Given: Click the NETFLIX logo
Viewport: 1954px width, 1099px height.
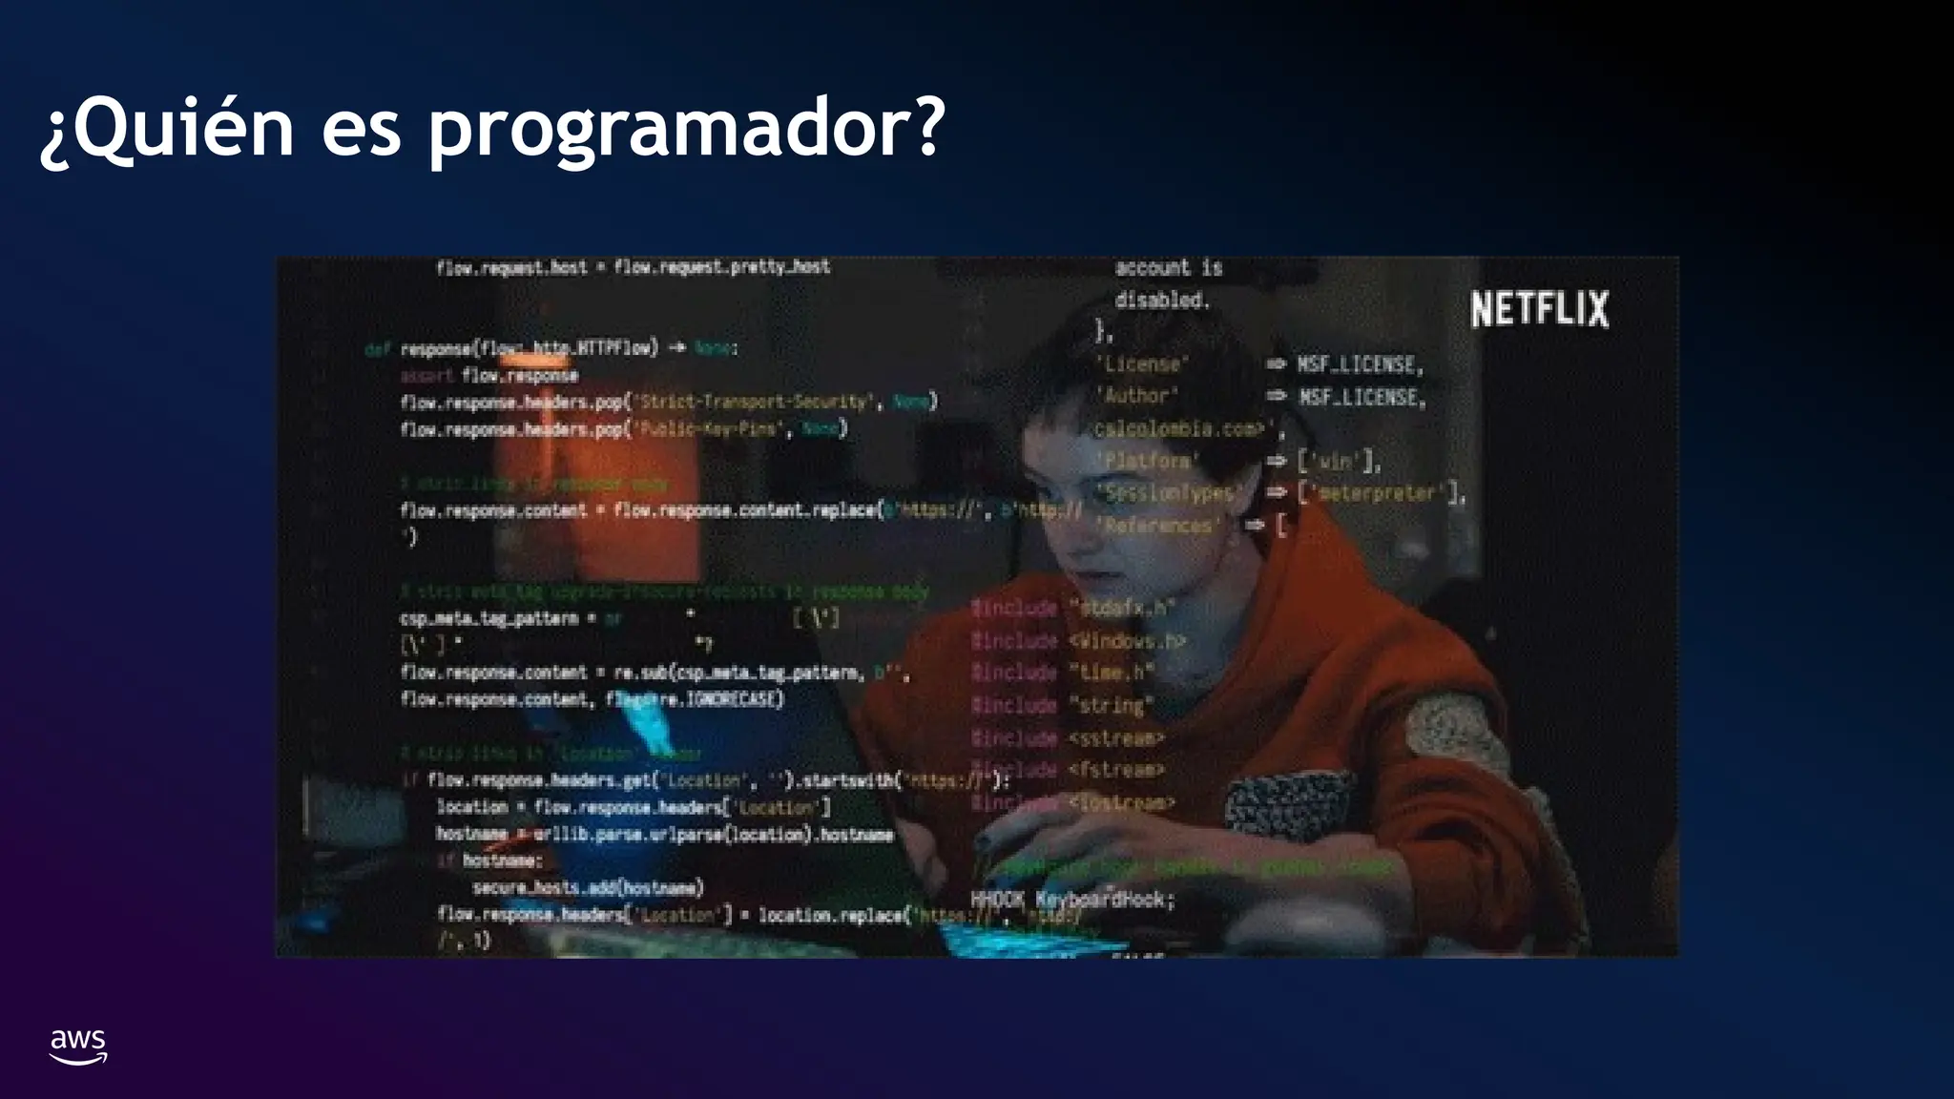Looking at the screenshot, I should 1539,309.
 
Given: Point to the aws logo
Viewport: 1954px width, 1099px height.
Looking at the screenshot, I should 78,1046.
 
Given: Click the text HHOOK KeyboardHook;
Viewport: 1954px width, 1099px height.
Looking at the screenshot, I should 1072,900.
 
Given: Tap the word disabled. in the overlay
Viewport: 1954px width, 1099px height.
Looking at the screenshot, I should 1162,300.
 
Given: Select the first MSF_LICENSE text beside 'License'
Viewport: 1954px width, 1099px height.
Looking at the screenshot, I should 1360,364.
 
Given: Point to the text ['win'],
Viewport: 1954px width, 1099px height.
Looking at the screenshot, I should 1339,462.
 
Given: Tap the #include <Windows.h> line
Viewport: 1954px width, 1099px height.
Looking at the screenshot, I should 1077,641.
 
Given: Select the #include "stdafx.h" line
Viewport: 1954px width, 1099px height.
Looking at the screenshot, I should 1072,608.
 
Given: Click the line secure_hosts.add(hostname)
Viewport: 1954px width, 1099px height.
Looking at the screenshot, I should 588,887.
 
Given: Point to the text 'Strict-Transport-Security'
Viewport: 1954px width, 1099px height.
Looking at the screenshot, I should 753,402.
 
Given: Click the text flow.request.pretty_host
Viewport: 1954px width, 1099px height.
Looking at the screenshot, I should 721,267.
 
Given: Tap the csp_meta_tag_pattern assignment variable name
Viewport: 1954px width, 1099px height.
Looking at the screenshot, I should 488,618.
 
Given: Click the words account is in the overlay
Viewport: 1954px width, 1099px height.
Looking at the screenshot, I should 1168,267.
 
